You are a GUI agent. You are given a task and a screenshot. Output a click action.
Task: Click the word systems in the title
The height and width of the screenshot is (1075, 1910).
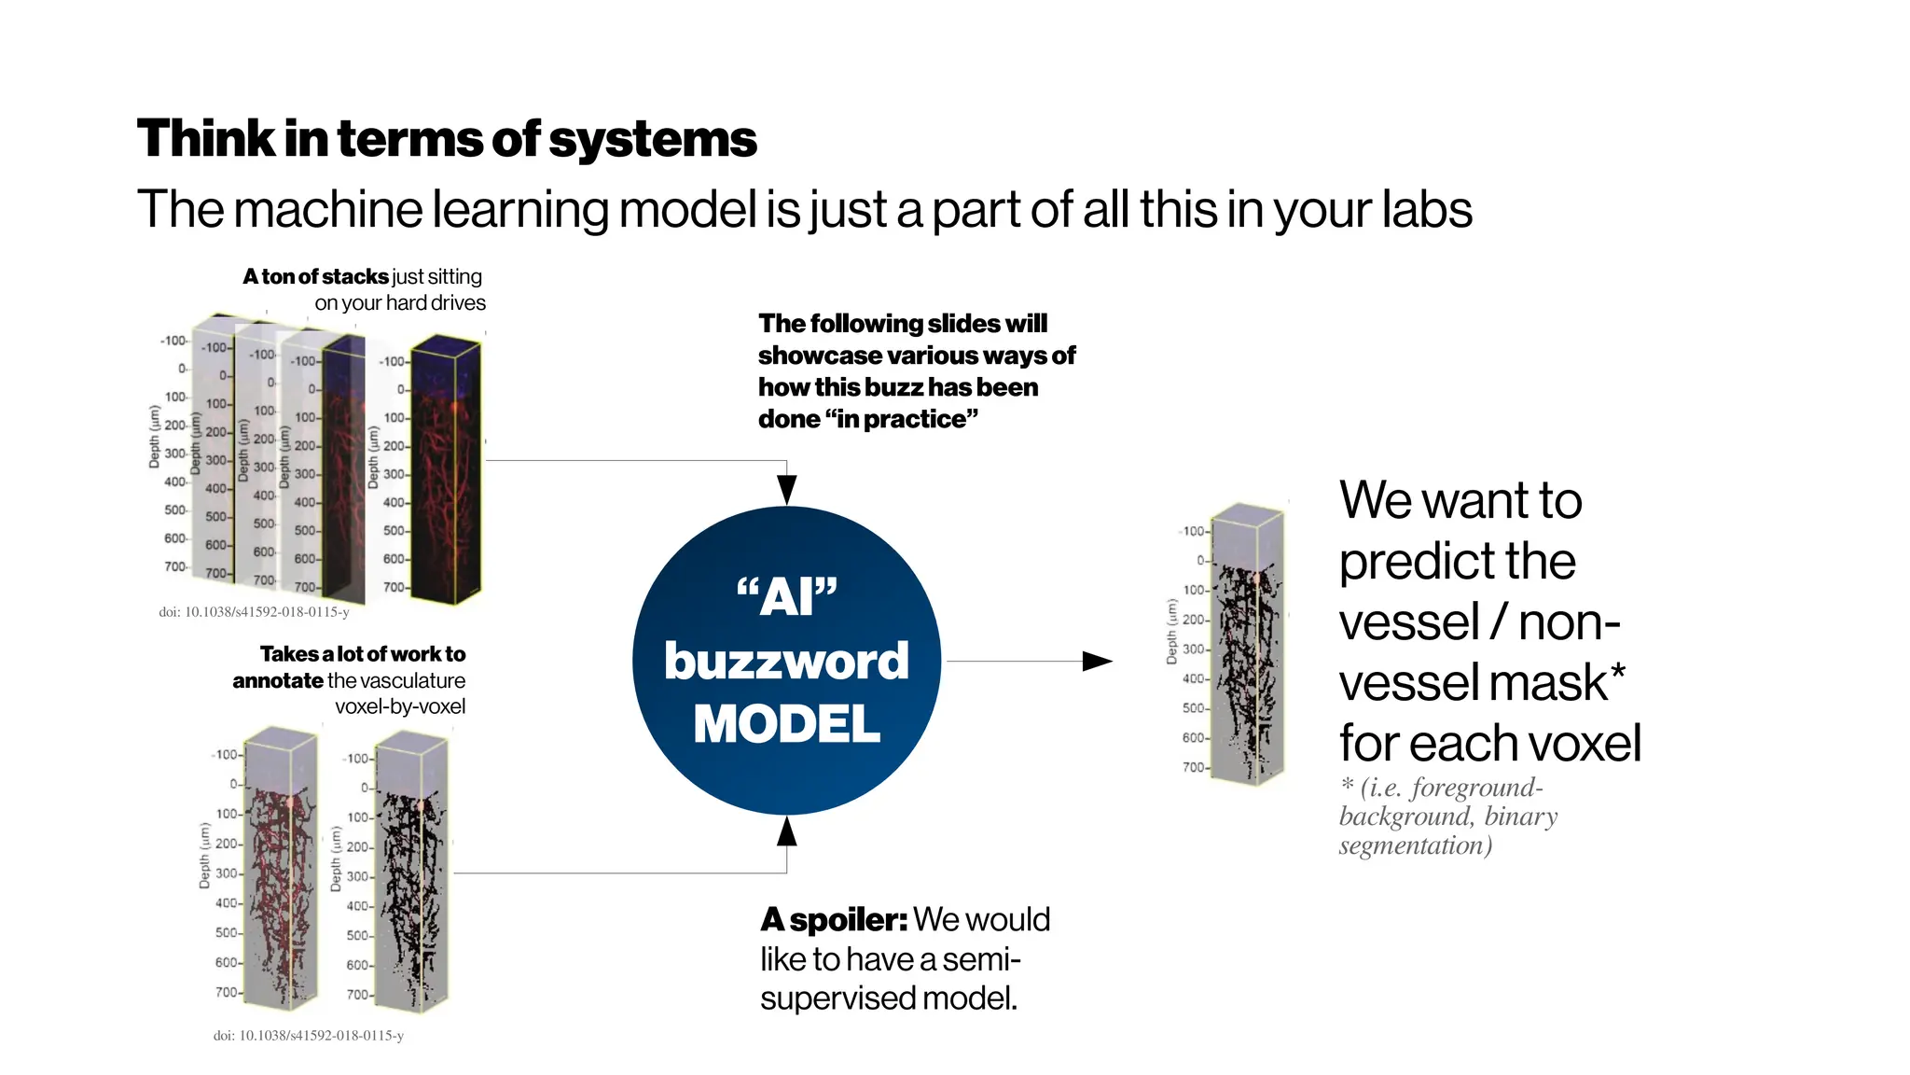[652, 139]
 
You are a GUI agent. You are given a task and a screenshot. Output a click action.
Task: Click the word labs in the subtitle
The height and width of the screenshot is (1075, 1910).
[1426, 209]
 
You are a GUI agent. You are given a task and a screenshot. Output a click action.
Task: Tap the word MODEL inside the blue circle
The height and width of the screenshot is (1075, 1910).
[786, 724]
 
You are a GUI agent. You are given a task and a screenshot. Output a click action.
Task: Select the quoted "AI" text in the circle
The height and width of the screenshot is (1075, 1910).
[786, 595]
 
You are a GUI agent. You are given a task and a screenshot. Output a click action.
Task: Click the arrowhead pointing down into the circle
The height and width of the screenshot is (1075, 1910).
[786, 489]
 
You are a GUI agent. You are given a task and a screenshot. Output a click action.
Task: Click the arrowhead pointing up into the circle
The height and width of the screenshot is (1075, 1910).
[786, 831]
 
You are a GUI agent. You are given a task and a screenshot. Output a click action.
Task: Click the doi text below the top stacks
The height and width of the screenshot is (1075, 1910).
[254, 612]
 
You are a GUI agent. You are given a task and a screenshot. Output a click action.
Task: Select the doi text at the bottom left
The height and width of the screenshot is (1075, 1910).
[308, 1035]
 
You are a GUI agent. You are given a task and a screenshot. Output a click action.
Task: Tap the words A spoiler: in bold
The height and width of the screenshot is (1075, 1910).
[833, 920]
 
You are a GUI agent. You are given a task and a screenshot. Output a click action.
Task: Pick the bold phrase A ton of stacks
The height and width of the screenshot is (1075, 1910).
[315, 277]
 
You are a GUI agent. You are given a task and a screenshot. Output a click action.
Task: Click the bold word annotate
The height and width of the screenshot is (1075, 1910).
[277, 680]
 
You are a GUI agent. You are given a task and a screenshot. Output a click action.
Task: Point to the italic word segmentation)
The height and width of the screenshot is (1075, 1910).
[1415, 845]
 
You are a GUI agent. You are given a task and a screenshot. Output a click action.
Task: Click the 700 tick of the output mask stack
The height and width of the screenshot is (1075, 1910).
[1193, 767]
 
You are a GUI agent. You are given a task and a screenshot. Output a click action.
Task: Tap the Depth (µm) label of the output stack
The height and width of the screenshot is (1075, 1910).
[1171, 632]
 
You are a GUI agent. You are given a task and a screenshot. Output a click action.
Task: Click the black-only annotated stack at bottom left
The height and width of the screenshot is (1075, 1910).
[410, 877]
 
